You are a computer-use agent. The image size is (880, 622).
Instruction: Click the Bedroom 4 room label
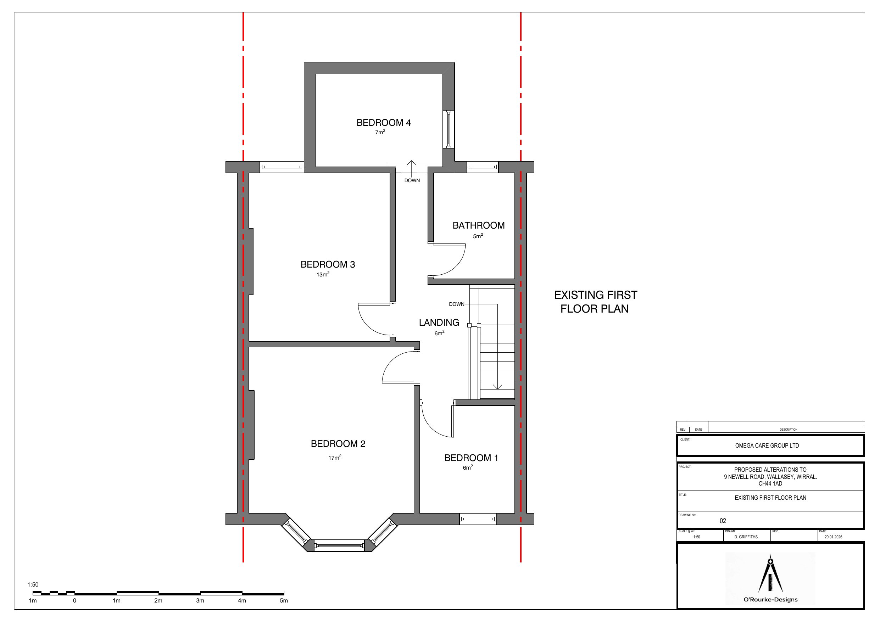point(383,123)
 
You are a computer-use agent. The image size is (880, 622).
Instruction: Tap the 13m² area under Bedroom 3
point(323,274)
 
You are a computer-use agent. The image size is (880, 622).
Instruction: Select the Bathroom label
point(478,225)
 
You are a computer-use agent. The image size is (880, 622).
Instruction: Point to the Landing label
point(439,322)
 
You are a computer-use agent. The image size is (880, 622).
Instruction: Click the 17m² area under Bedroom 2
point(335,457)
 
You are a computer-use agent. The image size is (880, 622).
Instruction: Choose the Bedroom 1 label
point(471,458)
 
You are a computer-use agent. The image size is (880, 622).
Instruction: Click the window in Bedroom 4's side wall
point(449,129)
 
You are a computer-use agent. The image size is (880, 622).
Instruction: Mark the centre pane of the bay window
point(339,545)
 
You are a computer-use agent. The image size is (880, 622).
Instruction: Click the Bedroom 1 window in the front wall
point(478,519)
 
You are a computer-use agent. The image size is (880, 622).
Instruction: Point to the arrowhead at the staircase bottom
point(497,387)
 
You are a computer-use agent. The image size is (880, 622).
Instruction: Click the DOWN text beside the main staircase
point(456,304)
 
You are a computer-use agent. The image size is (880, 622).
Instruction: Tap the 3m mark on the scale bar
point(200,600)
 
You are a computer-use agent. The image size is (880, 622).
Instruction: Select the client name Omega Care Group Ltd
point(767,446)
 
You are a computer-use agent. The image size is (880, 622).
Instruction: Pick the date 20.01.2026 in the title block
point(833,537)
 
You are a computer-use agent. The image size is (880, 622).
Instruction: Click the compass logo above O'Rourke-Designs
point(770,574)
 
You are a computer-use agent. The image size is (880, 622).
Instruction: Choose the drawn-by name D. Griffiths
point(746,537)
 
